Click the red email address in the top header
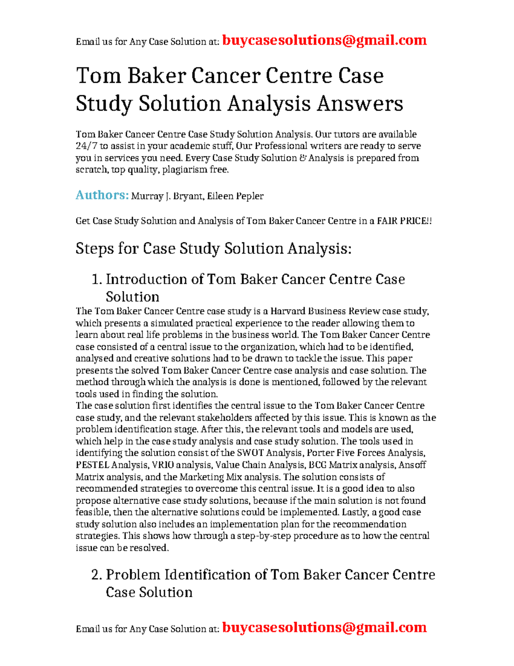tap(324, 40)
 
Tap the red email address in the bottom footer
tap(324, 627)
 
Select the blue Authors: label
tap(102, 195)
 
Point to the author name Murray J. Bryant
tap(167, 196)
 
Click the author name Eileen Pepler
tap(235, 196)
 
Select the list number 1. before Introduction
tap(97, 280)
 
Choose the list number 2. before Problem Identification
tap(97, 575)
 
